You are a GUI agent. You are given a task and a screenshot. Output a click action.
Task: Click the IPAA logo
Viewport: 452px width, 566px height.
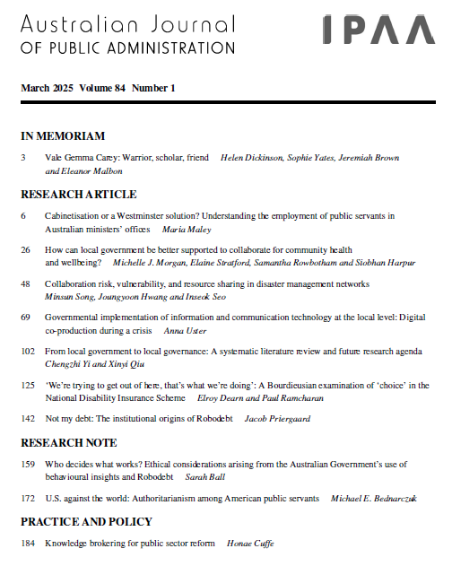[380, 29]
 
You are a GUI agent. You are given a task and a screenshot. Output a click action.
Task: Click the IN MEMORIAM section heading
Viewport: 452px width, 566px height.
[63, 136]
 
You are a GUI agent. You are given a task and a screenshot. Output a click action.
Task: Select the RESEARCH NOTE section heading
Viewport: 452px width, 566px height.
[68, 442]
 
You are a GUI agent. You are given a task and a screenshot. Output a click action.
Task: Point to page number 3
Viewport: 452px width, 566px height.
[23, 158]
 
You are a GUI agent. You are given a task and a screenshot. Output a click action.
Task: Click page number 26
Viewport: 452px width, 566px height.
[25, 249]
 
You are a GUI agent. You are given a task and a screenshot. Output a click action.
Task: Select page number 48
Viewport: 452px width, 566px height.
[25, 283]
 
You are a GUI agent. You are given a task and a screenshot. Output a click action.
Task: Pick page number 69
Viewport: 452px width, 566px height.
[25, 318]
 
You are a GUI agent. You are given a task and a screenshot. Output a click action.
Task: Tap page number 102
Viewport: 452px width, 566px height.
[27, 352]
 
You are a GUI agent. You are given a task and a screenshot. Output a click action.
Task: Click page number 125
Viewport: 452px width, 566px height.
[27, 386]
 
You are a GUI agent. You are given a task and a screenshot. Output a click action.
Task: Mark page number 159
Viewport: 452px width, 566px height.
[27, 464]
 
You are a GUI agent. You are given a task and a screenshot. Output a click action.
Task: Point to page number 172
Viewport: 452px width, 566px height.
[27, 498]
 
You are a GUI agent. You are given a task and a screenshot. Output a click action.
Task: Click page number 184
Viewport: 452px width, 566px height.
[27, 543]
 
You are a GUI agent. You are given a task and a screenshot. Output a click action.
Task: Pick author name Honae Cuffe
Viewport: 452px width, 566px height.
[249, 543]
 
